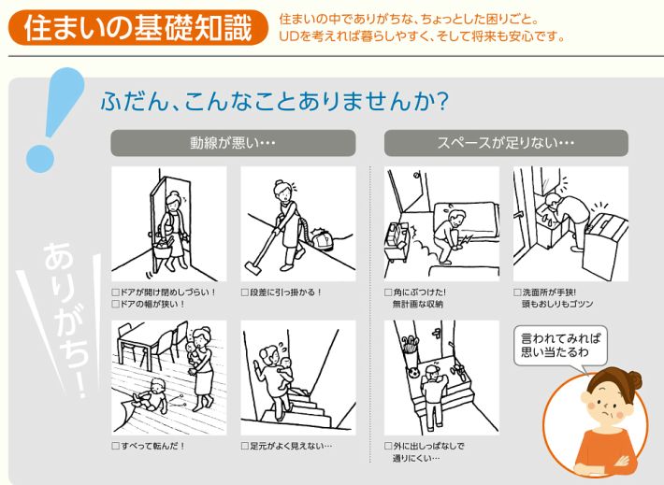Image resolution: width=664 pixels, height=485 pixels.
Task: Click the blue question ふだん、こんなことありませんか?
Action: click(271, 99)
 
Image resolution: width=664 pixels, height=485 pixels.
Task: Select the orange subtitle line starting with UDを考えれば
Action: click(422, 36)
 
